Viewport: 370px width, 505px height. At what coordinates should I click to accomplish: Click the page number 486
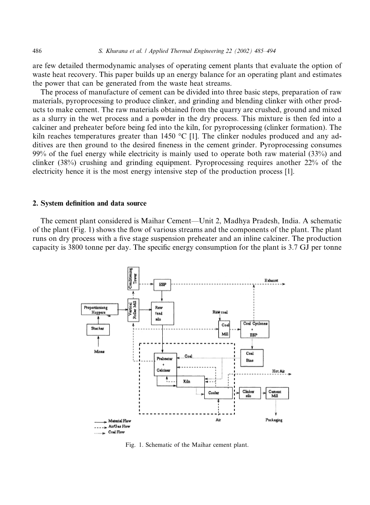pyautogui.click(x=37, y=51)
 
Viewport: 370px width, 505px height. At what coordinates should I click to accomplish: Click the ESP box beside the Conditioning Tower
pyautogui.click(x=162, y=283)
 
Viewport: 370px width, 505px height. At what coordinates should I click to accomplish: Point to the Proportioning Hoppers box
pyautogui.click(x=98, y=310)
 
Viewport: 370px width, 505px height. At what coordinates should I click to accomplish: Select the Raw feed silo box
pyautogui.click(x=162, y=313)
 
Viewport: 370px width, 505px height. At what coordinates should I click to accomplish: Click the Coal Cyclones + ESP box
pyautogui.click(x=255, y=329)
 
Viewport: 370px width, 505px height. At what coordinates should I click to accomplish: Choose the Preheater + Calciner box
pyautogui.click(x=165, y=364)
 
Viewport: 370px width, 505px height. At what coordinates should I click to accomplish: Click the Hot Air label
pyautogui.click(x=278, y=371)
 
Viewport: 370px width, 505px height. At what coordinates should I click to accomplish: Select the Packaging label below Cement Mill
pyautogui.click(x=274, y=420)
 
